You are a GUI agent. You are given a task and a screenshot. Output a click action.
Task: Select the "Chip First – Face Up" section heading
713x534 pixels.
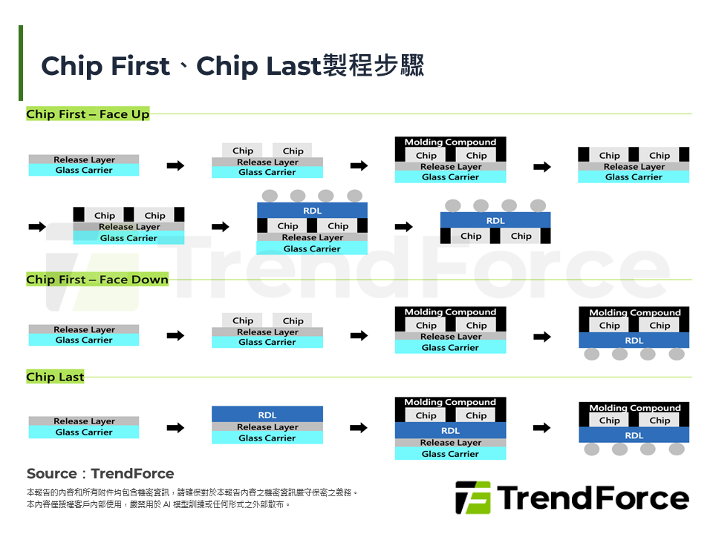click(88, 114)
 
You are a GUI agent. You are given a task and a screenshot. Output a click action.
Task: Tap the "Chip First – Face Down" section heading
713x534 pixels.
click(97, 280)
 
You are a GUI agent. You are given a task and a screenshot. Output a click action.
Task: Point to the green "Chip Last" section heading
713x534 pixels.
click(56, 377)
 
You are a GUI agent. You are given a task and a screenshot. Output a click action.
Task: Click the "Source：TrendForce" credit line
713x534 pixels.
click(100, 473)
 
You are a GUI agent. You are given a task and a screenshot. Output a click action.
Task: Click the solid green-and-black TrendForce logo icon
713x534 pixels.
click(473, 498)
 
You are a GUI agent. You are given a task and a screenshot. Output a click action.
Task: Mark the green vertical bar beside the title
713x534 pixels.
click(21, 63)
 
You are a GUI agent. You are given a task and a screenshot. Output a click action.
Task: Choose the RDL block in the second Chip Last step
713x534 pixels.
click(267, 415)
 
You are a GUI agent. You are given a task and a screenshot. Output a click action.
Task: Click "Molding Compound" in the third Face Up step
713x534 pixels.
click(450, 142)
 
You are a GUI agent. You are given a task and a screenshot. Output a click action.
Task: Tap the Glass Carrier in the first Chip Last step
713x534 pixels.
click(84, 432)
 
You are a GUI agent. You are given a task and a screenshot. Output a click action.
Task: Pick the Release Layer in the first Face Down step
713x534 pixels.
click(84, 329)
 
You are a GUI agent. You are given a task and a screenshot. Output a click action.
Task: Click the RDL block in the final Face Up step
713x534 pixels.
click(495, 220)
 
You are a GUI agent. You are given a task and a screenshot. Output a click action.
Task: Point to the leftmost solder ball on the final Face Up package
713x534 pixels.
click(452, 205)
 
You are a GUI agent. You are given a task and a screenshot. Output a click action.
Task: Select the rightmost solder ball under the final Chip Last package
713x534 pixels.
click(676, 449)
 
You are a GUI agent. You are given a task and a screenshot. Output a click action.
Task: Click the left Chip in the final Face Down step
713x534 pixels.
click(609, 326)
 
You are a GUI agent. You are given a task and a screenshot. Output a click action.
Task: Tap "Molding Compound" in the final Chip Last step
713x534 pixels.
click(634, 407)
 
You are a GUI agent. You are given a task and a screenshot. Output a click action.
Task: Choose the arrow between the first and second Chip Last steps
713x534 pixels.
click(175, 427)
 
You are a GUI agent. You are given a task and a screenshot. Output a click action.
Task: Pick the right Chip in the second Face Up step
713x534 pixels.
click(293, 151)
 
